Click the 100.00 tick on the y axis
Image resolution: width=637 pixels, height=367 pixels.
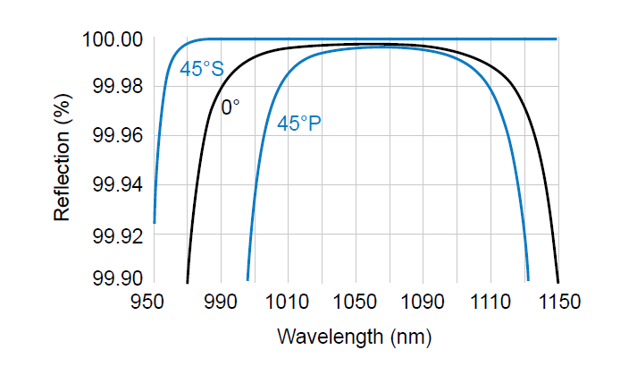113,39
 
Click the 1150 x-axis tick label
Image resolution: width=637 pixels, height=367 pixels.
557,302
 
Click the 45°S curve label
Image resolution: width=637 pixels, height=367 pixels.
202,69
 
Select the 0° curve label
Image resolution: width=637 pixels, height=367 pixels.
230,108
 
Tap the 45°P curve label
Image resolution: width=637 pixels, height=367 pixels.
299,124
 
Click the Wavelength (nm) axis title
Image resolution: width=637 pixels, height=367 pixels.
356,337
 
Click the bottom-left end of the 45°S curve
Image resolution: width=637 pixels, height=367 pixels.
155,223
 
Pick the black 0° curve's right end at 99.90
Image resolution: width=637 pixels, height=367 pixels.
557,282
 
